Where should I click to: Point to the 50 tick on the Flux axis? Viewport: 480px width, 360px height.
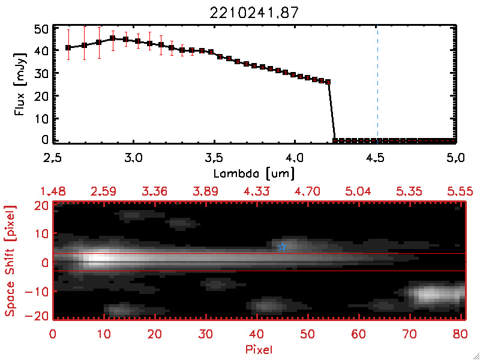[x=41, y=29]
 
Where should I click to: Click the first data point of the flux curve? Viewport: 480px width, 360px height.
[x=68, y=47]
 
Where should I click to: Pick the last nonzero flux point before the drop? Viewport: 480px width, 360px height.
[x=328, y=82]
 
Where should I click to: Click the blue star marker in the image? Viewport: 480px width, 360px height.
[x=282, y=247]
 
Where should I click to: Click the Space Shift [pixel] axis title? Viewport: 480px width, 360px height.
[x=10, y=261]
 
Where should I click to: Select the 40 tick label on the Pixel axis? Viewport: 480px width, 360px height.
[x=257, y=333]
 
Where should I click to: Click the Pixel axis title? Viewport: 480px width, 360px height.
[x=260, y=347]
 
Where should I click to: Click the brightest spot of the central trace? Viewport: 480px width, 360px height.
[x=99, y=259]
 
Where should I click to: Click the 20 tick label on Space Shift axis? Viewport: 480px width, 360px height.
[x=41, y=205]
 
